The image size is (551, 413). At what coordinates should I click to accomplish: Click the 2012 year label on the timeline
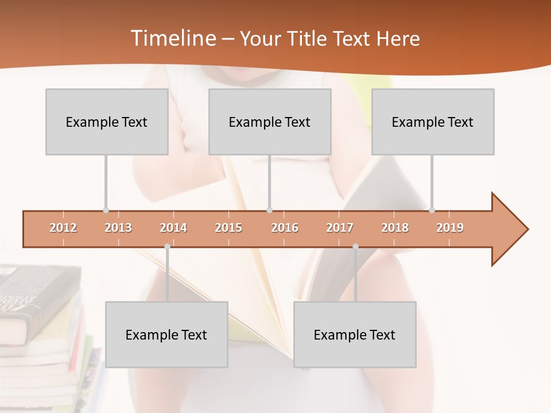(x=63, y=228)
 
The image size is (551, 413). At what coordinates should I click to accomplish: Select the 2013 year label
(x=118, y=228)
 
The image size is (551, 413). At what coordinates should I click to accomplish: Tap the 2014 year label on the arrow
(x=173, y=228)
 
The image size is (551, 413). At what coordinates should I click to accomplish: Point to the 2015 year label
(x=228, y=228)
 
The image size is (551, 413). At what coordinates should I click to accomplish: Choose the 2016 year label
(x=285, y=228)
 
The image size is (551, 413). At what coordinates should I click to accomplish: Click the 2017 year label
(x=340, y=228)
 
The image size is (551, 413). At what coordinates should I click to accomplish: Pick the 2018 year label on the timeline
(x=395, y=228)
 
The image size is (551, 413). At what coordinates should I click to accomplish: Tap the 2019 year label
(x=450, y=228)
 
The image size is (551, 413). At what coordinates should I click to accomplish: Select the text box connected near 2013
(x=107, y=122)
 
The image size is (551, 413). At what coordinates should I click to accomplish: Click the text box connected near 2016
(x=270, y=122)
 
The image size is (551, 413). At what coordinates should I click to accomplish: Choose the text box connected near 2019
(x=433, y=122)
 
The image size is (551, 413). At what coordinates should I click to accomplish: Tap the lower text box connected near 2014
(x=166, y=334)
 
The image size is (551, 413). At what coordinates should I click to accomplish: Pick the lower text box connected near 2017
(x=355, y=334)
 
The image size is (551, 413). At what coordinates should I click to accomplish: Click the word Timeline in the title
(x=172, y=38)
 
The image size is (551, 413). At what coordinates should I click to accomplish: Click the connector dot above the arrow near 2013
(x=106, y=210)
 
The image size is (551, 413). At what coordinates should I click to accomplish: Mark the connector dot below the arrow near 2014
(x=167, y=247)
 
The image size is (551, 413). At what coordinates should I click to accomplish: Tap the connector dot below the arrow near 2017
(x=355, y=247)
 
